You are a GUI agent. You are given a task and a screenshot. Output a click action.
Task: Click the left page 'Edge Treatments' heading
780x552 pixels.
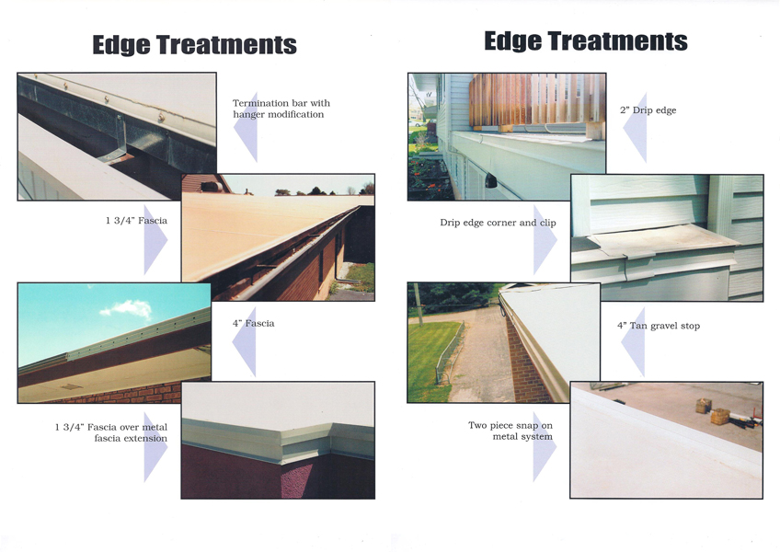(x=194, y=45)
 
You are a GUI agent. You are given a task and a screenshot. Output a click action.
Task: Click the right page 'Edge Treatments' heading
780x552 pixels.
(x=586, y=41)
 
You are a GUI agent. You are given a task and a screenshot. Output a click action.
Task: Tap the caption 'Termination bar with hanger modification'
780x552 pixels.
(x=281, y=109)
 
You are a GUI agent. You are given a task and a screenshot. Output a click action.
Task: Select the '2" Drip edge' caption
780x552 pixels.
(x=648, y=110)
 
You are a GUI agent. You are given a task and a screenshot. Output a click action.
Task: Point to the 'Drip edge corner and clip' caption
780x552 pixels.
(x=498, y=223)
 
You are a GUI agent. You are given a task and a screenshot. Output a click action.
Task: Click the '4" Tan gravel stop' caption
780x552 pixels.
(x=659, y=326)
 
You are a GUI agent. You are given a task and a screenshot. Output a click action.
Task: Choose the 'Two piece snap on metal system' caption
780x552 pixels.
(x=510, y=431)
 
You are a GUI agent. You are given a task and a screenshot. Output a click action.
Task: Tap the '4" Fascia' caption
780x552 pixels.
(x=253, y=323)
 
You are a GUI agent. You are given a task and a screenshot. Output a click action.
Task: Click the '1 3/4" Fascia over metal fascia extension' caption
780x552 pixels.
(x=111, y=432)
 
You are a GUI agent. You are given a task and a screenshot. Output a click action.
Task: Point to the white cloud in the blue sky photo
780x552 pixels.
(x=126, y=308)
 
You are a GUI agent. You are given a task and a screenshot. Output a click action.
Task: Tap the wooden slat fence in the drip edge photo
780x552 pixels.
(x=538, y=99)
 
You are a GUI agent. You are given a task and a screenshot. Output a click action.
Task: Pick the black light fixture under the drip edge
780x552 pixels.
(x=490, y=180)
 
